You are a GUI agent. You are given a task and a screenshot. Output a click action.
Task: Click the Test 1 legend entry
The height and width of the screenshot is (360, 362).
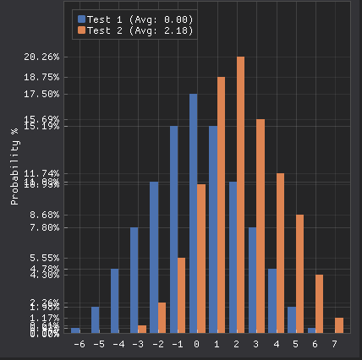(x=134, y=19)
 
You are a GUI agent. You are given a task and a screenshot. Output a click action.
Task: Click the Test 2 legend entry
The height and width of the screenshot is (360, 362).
(x=134, y=30)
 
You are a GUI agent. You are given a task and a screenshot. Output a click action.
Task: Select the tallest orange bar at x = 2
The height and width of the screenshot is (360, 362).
(x=241, y=194)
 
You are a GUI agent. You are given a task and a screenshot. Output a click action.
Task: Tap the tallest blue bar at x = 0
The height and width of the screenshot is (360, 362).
(x=194, y=213)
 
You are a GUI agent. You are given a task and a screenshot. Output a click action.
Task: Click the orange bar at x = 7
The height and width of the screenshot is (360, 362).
(x=339, y=325)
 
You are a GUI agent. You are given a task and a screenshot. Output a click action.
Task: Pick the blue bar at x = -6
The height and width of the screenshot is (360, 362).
(x=75, y=330)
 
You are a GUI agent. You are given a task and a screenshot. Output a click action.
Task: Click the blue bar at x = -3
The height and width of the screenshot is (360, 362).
(x=134, y=279)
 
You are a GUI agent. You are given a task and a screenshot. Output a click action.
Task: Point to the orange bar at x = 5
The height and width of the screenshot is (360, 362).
(x=299, y=273)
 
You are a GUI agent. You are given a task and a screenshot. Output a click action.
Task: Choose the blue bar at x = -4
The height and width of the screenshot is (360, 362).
(x=115, y=300)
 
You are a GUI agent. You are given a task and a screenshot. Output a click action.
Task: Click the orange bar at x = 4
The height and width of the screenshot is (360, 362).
(x=280, y=253)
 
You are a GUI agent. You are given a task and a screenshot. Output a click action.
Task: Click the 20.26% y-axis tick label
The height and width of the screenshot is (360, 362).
(x=41, y=57)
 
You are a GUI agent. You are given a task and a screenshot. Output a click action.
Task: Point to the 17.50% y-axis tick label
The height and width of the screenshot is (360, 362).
(x=41, y=94)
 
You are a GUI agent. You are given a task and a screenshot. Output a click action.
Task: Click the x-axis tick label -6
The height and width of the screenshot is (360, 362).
(x=79, y=345)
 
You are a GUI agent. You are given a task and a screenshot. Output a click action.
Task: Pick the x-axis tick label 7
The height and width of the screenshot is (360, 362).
(x=336, y=345)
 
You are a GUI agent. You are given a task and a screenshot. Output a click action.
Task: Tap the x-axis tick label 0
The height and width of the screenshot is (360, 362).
(x=197, y=345)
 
